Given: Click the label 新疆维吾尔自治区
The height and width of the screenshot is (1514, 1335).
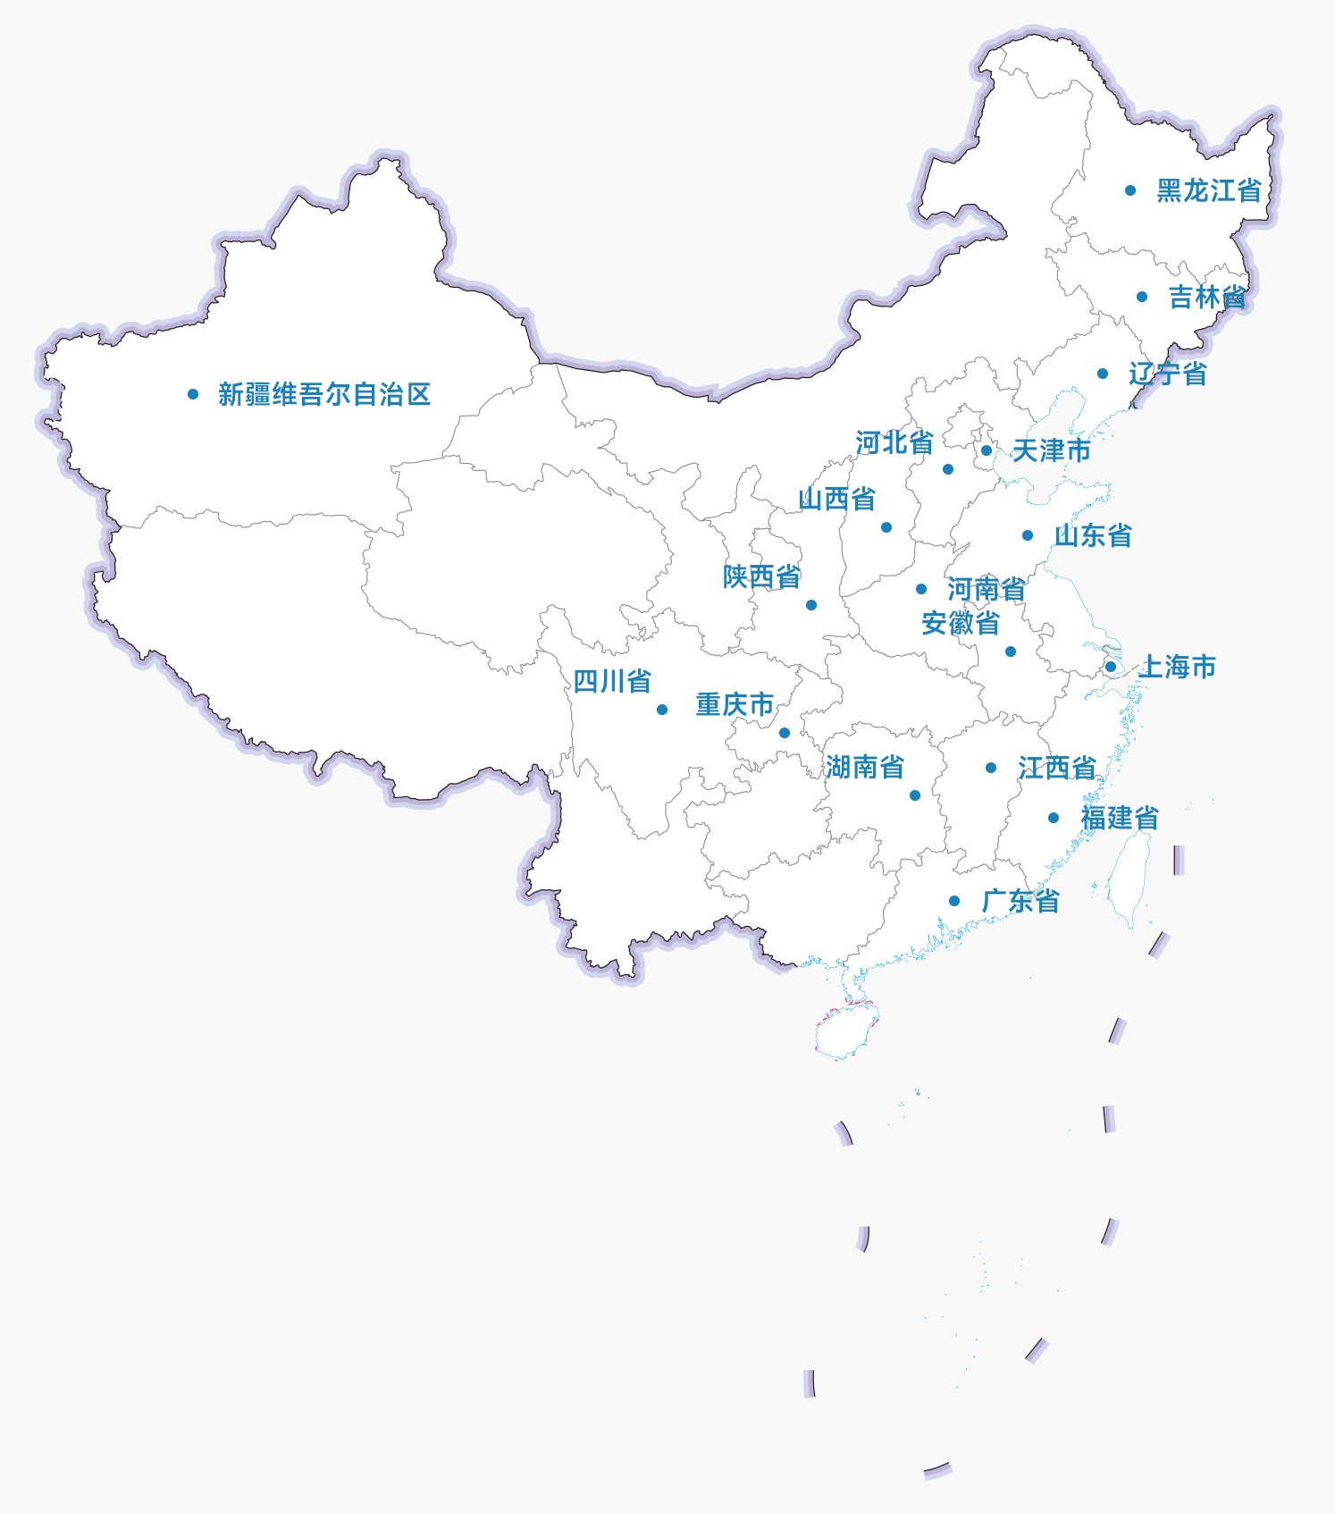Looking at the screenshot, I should click(x=324, y=394).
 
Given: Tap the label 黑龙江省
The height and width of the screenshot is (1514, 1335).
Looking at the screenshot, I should click(x=1209, y=190).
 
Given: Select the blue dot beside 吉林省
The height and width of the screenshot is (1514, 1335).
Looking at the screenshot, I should click(x=1142, y=297).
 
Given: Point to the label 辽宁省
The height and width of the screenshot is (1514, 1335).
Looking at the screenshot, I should click(x=1168, y=374).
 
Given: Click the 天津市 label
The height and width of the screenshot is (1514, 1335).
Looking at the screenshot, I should click(x=1052, y=450).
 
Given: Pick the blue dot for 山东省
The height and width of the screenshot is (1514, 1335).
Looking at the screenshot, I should click(x=1028, y=535).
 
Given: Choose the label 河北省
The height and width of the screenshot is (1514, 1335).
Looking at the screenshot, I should click(x=894, y=442).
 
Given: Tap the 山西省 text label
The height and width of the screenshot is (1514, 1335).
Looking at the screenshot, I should click(x=837, y=499).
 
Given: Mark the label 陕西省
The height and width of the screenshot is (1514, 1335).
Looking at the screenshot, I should click(x=762, y=576).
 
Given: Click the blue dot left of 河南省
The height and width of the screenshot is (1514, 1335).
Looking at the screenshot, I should click(x=921, y=589).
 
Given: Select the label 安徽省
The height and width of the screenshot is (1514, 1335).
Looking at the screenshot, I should click(x=961, y=623).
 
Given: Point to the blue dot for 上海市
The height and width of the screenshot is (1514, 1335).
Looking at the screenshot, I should click(x=1111, y=667).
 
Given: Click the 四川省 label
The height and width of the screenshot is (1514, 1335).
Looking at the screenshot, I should click(x=612, y=682).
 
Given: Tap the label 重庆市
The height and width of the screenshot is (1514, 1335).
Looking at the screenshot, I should click(x=735, y=704).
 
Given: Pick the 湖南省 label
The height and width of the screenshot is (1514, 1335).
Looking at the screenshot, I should click(x=865, y=767).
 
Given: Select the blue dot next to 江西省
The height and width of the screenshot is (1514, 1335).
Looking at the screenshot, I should click(x=991, y=768).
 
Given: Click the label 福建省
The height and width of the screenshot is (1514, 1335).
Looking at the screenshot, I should click(x=1120, y=818).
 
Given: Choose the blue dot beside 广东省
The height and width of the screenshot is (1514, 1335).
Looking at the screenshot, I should click(x=954, y=901).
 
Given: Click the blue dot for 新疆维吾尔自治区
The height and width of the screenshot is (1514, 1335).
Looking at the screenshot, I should click(x=193, y=394).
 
